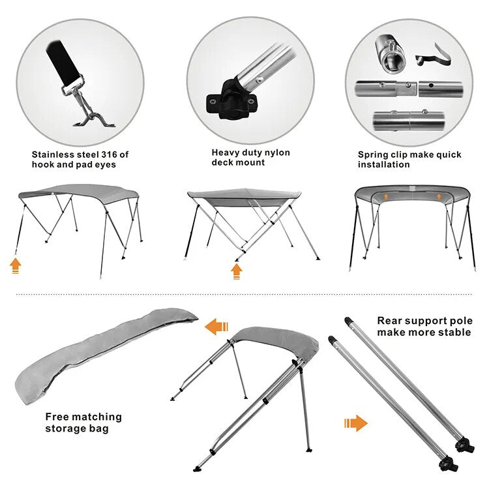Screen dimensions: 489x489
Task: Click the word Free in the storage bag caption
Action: [x=56, y=417]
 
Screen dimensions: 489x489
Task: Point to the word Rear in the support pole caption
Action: [x=388, y=321]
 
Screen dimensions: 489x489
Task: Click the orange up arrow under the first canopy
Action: [x=15, y=266]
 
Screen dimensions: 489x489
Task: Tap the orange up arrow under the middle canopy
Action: [x=237, y=271]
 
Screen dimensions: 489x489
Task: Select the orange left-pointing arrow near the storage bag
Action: [x=216, y=327]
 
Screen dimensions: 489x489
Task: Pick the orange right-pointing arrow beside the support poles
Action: [x=356, y=423]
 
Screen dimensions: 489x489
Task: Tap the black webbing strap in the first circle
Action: [x=64, y=63]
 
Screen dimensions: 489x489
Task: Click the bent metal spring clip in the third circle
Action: [x=433, y=55]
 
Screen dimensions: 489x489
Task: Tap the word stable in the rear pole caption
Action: [x=456, y=332]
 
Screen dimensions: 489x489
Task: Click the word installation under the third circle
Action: [x=383, y=165]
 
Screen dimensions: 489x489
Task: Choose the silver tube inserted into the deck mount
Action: [x=265, y=66]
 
